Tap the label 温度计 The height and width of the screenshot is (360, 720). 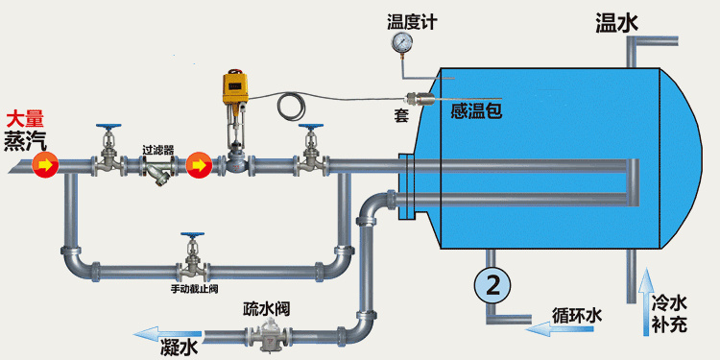tap(412, 20)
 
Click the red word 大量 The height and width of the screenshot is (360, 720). tap(25, 119)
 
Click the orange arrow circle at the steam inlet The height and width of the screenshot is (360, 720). tap(44, 166)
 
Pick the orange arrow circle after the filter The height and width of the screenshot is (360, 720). tap(199, 166)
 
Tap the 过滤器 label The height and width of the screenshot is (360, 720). tap(157, 150)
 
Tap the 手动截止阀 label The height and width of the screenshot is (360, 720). tap(195, 289)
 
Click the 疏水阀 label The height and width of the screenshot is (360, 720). tap(266, 309)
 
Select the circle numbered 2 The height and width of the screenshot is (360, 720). tap(492, 284)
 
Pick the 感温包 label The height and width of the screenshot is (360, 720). tap(477, 111)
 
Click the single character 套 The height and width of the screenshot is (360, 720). tap(401, 115)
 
